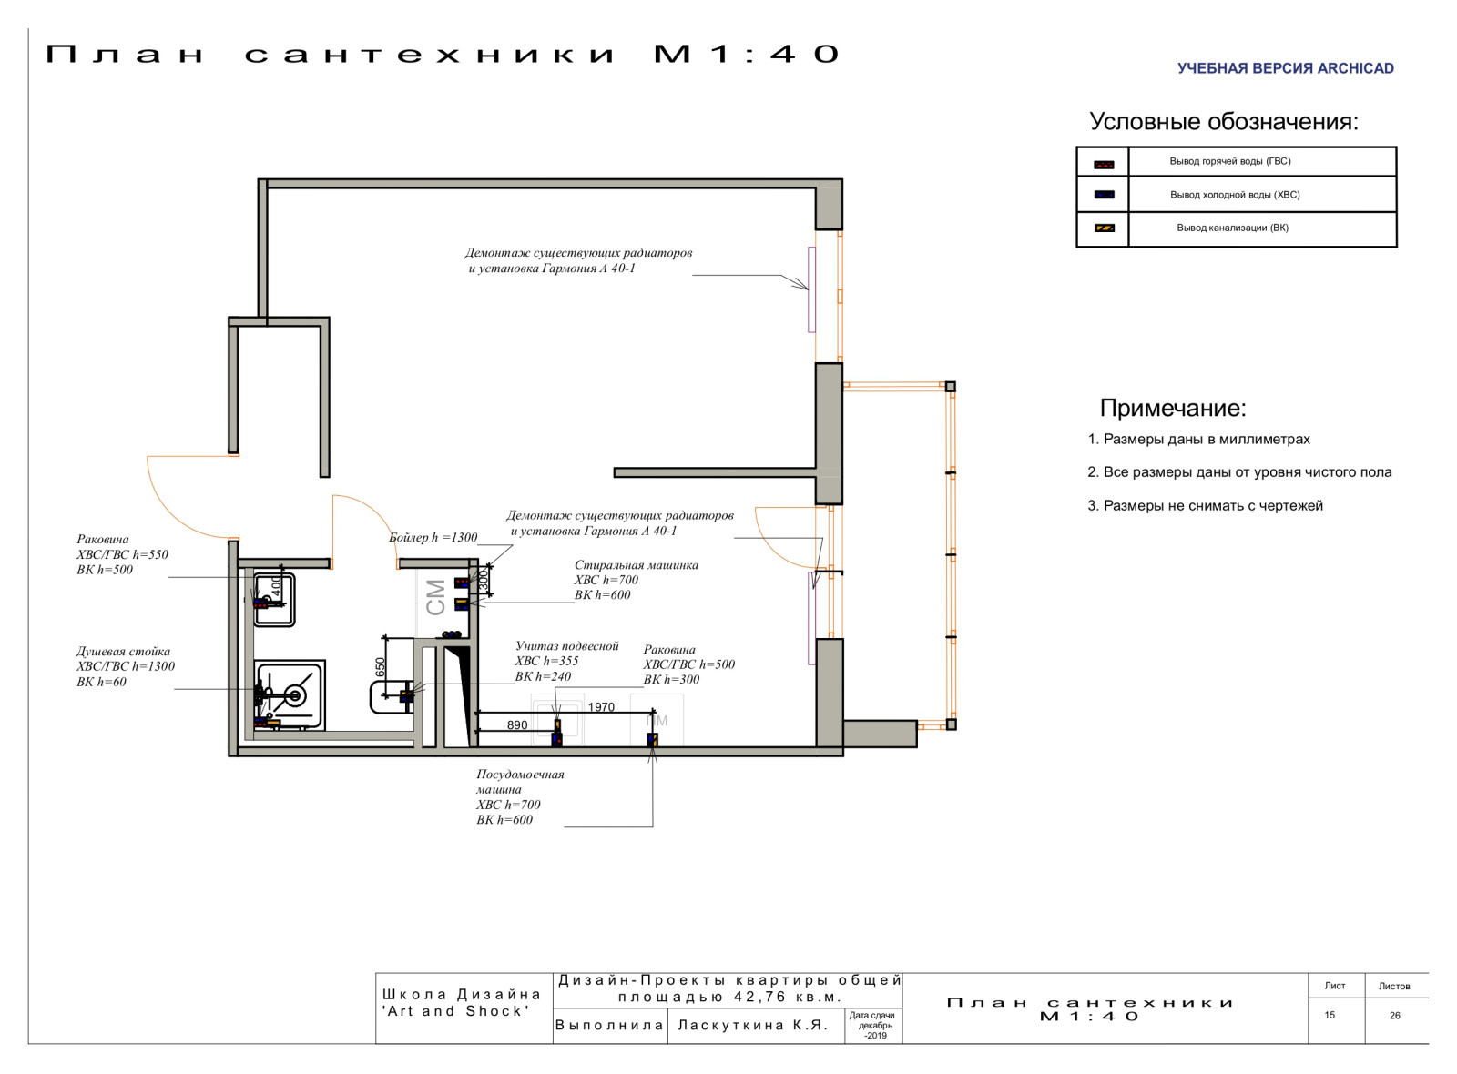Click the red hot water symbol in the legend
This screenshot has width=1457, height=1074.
1104,165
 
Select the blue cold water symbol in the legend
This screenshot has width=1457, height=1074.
1104,195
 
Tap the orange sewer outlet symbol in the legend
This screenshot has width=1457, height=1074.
1104,228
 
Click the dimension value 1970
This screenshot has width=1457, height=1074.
601,706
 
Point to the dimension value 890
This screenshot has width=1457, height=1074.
517,724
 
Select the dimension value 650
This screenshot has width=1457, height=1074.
381,668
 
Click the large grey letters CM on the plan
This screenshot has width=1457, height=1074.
435,597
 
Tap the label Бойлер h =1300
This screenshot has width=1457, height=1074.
433,537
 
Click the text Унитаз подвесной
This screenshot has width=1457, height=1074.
566,645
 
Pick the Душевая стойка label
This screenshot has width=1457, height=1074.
123,651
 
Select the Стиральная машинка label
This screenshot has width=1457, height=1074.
636,565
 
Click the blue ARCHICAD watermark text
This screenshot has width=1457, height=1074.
1285,68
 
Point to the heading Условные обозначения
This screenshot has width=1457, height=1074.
1224,122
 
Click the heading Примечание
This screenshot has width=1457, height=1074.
1173,408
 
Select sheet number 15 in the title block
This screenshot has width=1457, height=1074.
1330,1015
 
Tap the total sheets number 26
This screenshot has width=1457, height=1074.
1394,1016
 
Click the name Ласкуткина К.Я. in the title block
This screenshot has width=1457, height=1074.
753,1025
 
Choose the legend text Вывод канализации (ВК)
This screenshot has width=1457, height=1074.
1232,228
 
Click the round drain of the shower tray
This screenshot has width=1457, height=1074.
295,695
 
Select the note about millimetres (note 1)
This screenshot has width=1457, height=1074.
1198,439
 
